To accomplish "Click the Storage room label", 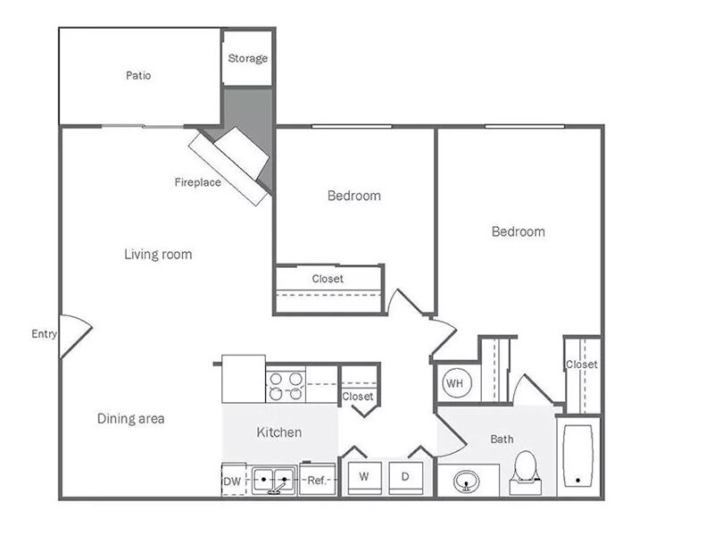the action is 248,58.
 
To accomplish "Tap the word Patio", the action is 138,75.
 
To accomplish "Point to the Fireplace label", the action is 197,182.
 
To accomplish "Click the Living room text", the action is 158,254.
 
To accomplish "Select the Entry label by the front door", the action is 44,334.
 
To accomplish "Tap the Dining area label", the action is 130,418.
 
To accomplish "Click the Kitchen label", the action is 279,432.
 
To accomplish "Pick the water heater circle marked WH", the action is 455,383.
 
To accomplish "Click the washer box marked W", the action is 364,478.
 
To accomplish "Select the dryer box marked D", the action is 406,478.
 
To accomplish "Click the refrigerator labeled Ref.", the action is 318,480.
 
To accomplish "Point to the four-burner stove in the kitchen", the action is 286,386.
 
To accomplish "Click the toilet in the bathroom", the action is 526,473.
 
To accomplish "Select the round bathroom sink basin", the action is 466,482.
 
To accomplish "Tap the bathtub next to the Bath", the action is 577,456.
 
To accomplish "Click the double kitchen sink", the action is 274,480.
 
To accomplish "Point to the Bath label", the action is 502,439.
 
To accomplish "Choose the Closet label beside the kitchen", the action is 358,397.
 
